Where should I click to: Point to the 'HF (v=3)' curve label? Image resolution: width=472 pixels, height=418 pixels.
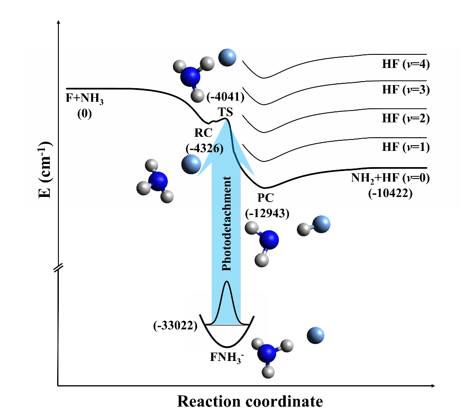pyautogui.click(x=405, y=90)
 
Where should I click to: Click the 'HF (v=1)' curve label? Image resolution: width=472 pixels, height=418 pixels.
pyautogui.click(x=405, y=147)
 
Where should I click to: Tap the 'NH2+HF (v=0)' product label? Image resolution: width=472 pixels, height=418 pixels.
pyautogui.click(x=389, y=178)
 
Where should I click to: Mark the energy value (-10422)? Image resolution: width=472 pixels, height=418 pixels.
pyautogui.click(x=390, y=193)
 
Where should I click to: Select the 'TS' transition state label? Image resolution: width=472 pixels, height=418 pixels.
pyautogui.click(x=225, y=112)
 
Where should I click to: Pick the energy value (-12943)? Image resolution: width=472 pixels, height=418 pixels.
pyautogui.click(x=266, y=213)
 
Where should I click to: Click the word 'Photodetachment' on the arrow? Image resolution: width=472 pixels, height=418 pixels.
pyautogui.click(x=227, y=224)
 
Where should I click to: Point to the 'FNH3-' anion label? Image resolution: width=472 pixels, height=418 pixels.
pyautogui.click(x=227, y=357)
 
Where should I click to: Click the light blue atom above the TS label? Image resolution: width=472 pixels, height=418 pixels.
pyautogui.click(x=227, y=57)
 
